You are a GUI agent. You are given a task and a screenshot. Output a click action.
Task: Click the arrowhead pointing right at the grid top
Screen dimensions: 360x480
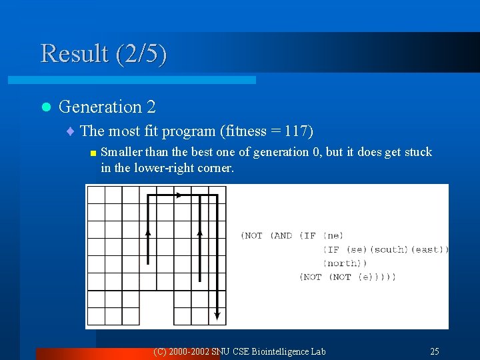(x=178, y=195)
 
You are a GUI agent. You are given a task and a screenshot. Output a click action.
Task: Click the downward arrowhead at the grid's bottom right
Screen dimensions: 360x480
(x=217, y=315)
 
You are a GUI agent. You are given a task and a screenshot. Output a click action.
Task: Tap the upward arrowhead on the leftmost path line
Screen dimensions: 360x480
(x=148, y=233)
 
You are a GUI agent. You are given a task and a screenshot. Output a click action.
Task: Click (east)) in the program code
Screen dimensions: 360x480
(x=429, y=249)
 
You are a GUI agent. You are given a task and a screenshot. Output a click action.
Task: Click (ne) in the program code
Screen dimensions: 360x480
(x=333, y=235)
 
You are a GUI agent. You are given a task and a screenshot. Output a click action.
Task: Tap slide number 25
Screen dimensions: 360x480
(x=434, y=351)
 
